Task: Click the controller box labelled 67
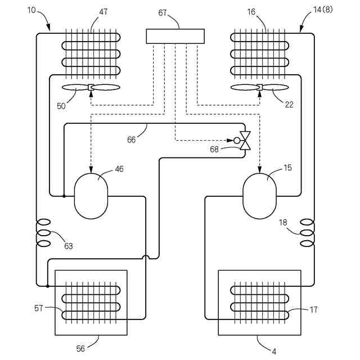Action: [x=175, y=36]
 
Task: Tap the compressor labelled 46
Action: [x=91, y=196]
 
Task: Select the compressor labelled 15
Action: [x=260, y=196]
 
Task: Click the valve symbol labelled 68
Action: [x=245, y=140]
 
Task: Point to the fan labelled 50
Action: [x=91, y=88]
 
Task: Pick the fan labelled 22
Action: [x=259, y=87]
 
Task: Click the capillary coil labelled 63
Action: [x=43, y=233]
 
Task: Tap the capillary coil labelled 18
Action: [x=308, y=233]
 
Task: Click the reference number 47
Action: [x=103, y=12]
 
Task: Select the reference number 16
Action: [x=251, y=12]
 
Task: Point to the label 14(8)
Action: [x=323, y=10]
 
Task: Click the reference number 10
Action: [x=31, y=10]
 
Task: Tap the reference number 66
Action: [x=131, y=139]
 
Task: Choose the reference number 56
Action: [x=80, y=349]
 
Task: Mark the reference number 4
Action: [x=274, y=351]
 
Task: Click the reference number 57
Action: [x=39, y=308]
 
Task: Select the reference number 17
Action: [x=314, y=310]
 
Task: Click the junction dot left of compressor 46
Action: [x=64, y=196]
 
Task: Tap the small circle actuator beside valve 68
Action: [x=237, y=140]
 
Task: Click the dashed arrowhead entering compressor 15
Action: [x=260, y=170]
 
